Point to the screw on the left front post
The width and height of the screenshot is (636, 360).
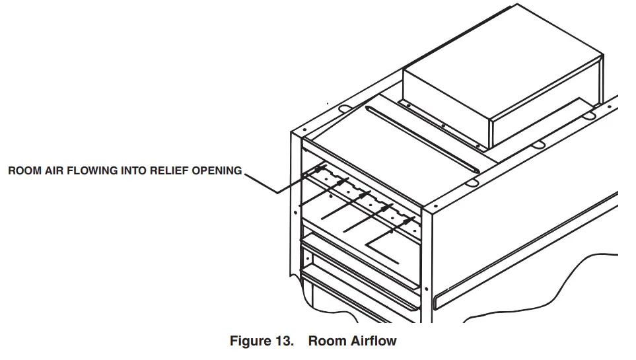point(295,213)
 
